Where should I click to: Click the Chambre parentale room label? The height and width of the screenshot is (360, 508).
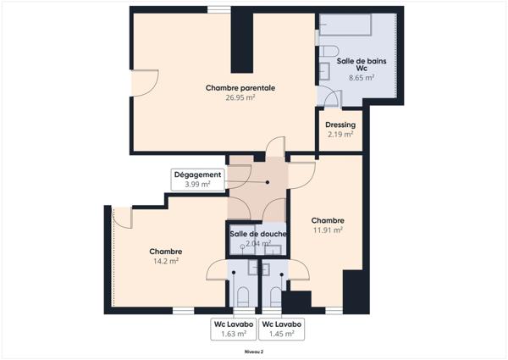click(240, 88)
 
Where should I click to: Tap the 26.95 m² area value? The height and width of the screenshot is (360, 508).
click(240, 97)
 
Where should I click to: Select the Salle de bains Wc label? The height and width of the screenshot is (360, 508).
click(362, 64)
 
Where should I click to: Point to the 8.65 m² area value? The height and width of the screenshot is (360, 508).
click(362, 78)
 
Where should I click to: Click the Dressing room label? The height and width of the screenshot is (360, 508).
click(340, 125)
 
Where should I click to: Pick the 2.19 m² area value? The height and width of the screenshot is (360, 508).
click(340, 134)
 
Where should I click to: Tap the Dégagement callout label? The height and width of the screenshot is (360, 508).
click(197, 174)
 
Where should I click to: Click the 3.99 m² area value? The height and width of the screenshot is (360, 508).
click(197, 185)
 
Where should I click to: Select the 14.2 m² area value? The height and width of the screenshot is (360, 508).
click(166, 261)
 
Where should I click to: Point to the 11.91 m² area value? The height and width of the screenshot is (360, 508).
click(328, 230)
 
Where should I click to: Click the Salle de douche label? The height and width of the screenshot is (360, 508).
click(258, 234)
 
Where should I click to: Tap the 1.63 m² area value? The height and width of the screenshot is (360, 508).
click(234, 334)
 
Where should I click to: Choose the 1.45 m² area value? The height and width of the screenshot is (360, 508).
click(282, 334)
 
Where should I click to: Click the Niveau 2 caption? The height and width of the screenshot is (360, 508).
click(254, 352)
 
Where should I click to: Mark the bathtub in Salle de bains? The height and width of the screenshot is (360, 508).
click(345, 25)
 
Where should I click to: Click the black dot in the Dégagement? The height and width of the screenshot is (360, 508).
click(268, 182)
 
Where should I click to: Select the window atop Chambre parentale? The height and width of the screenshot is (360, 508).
click(219, 9)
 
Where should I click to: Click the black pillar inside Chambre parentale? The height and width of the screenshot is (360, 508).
click(242, 41)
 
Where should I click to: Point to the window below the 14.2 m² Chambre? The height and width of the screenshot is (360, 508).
click(183, 311)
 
